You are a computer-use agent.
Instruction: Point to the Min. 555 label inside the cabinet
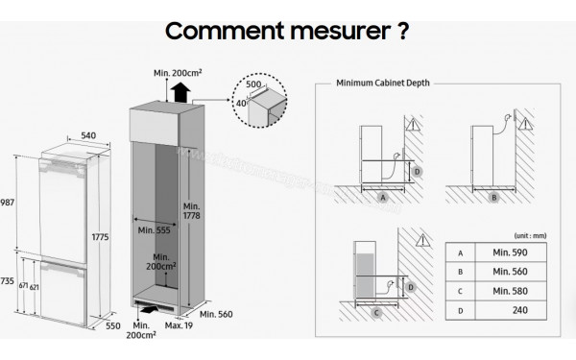point(154,230)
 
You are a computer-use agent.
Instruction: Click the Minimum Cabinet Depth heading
point(381,84)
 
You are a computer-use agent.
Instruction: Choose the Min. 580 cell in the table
point(509,289)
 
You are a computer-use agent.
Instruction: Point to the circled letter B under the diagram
point(494,199)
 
